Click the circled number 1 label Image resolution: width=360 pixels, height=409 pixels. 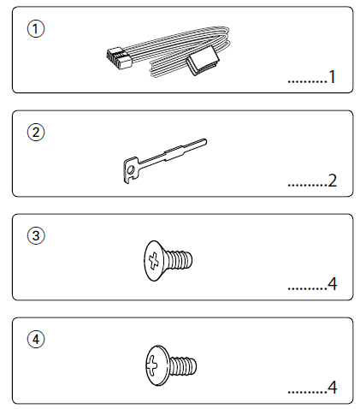click(x=36, y=29)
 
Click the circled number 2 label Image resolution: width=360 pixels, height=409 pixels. click(x=36, y=133)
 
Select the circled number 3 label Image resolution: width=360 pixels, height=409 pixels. click(x=36, y=235)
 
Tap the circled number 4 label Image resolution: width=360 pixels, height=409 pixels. click(x=36, y=339)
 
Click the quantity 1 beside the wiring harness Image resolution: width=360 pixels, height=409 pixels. click(x=332, y=77)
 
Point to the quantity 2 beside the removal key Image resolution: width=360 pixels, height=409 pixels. click(x=332, y=181)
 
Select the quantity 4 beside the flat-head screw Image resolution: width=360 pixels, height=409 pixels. click(x=332, y=284)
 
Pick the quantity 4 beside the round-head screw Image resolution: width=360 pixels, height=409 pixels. click(x=332, y=388)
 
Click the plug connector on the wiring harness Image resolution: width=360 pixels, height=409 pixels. click(x=119, y=58)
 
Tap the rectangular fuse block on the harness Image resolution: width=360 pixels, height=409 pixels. click(x=203, y=63)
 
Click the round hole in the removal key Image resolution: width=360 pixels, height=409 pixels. click(x=131, y=170)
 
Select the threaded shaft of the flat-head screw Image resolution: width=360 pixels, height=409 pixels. click(x=179, y=259)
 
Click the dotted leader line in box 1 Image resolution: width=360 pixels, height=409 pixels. click(x=307, y=82)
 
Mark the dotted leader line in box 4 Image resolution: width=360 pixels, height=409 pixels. click(x=307, y=393)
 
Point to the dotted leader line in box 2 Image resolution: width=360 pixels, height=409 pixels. click(x=307, y=186)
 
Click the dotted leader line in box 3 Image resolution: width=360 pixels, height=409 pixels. click(x=307, y=289)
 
